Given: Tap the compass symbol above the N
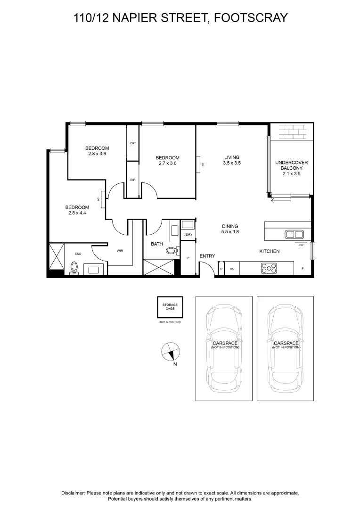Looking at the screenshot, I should coord(171,351).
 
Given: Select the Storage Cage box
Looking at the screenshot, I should coord(170,307).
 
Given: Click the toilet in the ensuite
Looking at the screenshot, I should coord(74,268).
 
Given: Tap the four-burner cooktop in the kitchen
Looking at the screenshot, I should coord(269,268).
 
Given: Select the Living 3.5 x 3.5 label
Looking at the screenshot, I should coord(232,160).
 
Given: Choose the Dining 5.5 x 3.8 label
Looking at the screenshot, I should coord(229,229).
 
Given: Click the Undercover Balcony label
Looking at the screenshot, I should coord(291,168).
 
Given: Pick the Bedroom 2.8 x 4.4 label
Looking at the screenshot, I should coord(77,210).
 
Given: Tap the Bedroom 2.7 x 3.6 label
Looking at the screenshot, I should coord(167,160).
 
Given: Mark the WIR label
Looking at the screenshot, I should coord(120,251).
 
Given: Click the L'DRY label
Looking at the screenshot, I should coord(188,234).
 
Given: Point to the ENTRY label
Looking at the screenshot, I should coord(207,256).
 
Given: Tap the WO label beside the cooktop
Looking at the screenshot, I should coord(232,269).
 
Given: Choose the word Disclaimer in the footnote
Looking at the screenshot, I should coord(73,493).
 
